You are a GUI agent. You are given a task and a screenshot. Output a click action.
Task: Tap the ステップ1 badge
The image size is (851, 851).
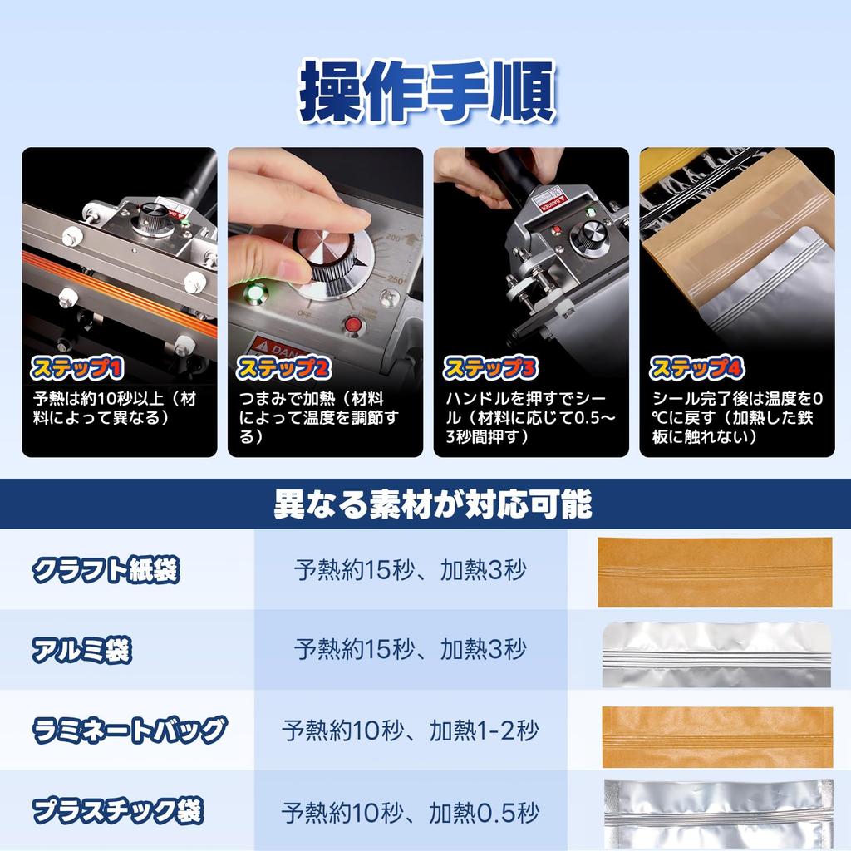click(x=76, y=367)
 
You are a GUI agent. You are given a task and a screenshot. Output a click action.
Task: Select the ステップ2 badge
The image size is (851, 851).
click(x=283, y=367)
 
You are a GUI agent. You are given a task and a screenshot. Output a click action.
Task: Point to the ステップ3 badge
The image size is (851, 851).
click(x=489, y=367)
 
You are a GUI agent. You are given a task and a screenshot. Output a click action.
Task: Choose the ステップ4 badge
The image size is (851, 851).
click(x=695, y=367)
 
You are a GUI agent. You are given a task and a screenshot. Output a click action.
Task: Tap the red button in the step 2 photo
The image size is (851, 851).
click(x=354, y=325)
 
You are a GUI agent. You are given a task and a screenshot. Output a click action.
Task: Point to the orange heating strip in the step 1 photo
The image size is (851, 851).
click(x=116, y=287)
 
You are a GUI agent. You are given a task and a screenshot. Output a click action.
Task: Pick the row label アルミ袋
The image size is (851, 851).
click(x=81, y=650)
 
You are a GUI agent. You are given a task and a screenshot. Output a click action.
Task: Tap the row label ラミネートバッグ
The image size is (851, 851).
click(x=129, y=730)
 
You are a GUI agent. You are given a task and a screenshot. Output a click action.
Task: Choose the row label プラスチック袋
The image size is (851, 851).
click(x=117, y=810)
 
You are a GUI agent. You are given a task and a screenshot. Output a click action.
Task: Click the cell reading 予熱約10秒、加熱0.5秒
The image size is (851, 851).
click(x=410, y=811)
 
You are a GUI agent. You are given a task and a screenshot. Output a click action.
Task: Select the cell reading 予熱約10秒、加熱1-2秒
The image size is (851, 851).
click(x=410, y=731)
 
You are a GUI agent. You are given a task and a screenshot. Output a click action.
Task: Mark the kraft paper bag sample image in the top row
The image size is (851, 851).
click(x=715, y=572)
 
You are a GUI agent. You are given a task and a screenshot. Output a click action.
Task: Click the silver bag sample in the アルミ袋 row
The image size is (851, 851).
click(x=715, y=655)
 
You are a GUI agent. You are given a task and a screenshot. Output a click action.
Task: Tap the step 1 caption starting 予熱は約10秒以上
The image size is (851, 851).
click(x=116, y=408)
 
